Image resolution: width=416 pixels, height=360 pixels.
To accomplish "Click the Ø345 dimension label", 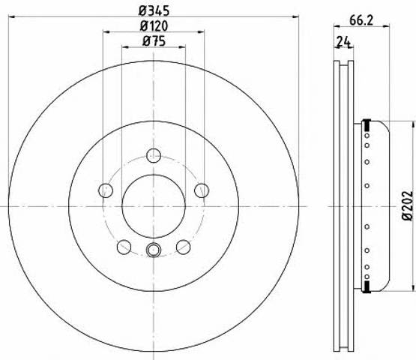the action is click(x=154, y=10).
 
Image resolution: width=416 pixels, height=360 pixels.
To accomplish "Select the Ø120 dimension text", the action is click(x=154, y=25).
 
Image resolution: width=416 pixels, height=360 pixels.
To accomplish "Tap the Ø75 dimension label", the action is click(x=154, y=41).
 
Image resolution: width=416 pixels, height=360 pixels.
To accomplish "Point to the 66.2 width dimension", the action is click(x=361, y=20).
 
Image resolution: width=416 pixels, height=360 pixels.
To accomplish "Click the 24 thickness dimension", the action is click(x=344, y=42).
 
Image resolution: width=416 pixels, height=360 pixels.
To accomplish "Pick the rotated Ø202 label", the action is click(x=408, y=205).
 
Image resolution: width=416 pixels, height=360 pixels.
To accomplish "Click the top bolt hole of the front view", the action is click(x=154, y=155).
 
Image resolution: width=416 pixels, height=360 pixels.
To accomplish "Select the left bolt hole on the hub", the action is click(x=106, y=190).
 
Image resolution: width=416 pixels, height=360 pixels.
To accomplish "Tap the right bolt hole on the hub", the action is click(x=202, y=190).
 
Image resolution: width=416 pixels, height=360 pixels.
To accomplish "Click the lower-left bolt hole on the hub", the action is click(x=124, y=247).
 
